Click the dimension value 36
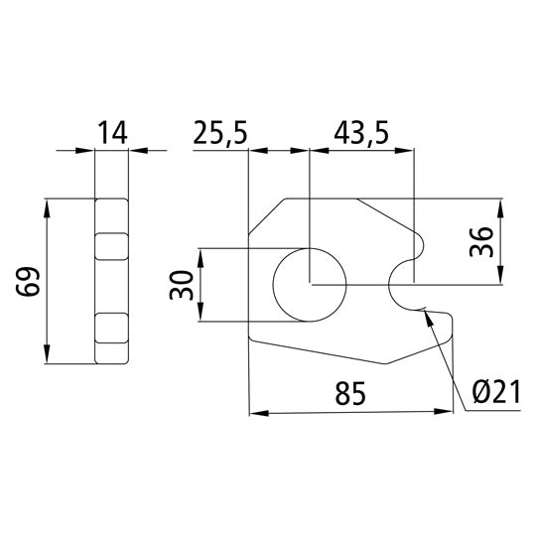click(x=482, y=241)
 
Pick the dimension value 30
click(x=180, y=285)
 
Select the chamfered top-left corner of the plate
click(x=266, y=216)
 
